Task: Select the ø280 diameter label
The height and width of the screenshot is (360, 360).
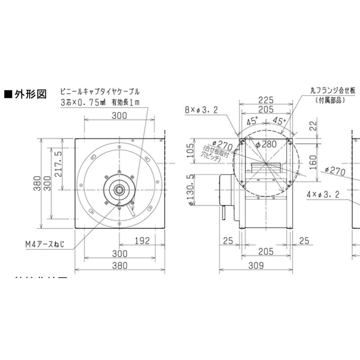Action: click(x=264, y=144)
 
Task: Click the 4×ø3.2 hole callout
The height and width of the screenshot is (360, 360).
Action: click(x=324, y=195)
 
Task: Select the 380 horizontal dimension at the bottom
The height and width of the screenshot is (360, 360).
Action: click(x=120, y=265)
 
